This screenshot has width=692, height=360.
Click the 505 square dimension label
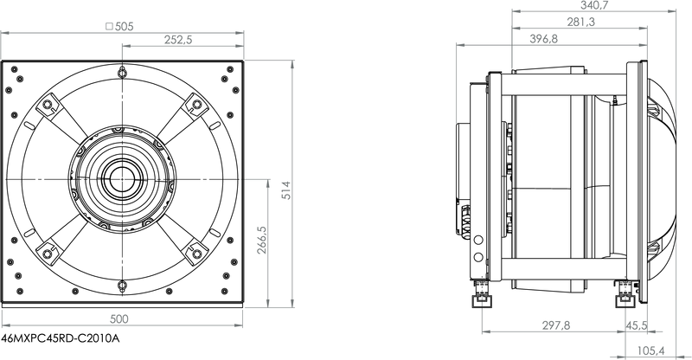click(x=119, y=27)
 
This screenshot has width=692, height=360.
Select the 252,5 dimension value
click(x=178, y=40)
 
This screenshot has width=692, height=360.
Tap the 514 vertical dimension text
click(x=286, y=190)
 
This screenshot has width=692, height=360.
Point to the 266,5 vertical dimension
click(x=262, y=240)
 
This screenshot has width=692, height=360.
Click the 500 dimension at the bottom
click(x=119, y=319)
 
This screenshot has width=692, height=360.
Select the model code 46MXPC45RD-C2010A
click(x=61, y=338)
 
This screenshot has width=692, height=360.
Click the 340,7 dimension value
click(x=594, y=5)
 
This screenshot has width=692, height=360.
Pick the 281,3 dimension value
click(x=580, y=22)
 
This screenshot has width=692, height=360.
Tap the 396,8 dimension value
click(x=544, y=39)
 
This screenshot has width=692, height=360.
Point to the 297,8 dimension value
click(x=556, y=325)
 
